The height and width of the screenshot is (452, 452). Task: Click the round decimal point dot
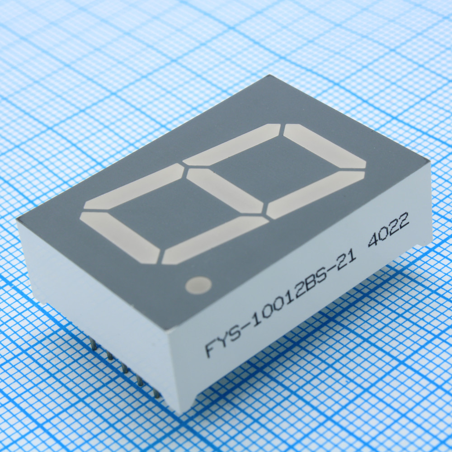198,285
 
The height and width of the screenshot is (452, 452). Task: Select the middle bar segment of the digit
225,191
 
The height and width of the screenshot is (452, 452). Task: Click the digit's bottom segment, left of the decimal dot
120,238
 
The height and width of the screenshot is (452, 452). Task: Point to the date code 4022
388,230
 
